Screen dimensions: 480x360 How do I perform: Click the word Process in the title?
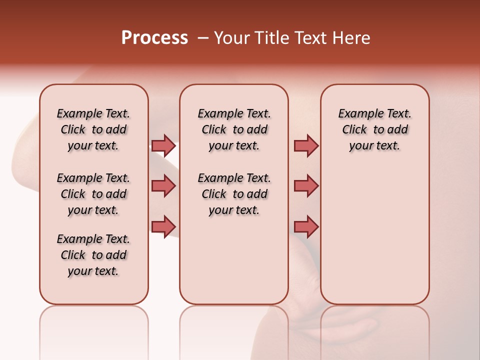(x=154, y=37)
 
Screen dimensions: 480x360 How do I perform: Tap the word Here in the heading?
(x=352, y=37)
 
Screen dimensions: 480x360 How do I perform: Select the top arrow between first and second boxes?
(x=163, y=145)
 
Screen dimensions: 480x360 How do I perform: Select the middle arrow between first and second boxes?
(x=163, y=186)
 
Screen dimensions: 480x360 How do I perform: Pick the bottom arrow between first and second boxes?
(x=163, y=226)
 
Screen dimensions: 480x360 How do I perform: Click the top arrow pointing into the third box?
(x=306, y=145)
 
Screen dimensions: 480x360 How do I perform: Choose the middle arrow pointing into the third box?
(x=306, y=186)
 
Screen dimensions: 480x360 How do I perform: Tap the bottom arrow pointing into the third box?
(x=306, y=226)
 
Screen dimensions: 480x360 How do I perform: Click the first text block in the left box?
(x=93, y=129)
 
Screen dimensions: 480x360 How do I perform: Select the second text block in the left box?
(x=93, y=194)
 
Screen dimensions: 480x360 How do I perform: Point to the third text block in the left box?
(x=93, y=255)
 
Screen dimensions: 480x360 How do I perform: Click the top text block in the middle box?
(x=234, y=129)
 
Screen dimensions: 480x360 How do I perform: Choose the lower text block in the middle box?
(x=234, y=194)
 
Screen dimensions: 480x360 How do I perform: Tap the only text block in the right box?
(x=374, y=129)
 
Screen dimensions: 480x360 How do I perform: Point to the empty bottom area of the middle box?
(x=234, y=260)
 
